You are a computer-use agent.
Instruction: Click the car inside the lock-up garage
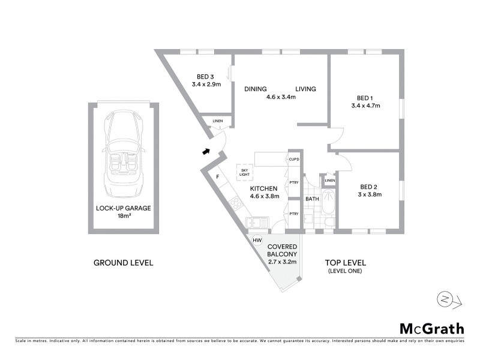[x=124, y=155]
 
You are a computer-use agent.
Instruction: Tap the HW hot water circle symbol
[x=257, y=241]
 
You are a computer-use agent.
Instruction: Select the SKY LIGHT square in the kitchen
[x=244, y=172]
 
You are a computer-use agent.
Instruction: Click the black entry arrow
[x=206, y=152]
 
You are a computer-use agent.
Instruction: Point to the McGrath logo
[x=432, y=328]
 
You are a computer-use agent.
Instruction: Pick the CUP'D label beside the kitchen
[x=294, y=160]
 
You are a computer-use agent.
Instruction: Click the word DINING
[x=255, y=89]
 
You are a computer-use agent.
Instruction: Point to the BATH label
[x=312, y=199]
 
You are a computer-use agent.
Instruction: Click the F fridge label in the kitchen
[x=218, y=176]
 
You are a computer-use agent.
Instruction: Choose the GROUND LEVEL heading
[x=124, y=263]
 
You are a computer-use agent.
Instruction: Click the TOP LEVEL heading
[x=345, y=263]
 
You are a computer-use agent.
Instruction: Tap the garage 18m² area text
[x=124, y=217]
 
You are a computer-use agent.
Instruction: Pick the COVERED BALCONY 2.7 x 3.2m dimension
[x=281, y=262]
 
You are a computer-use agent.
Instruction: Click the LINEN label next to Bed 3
[x=217, y=122]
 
